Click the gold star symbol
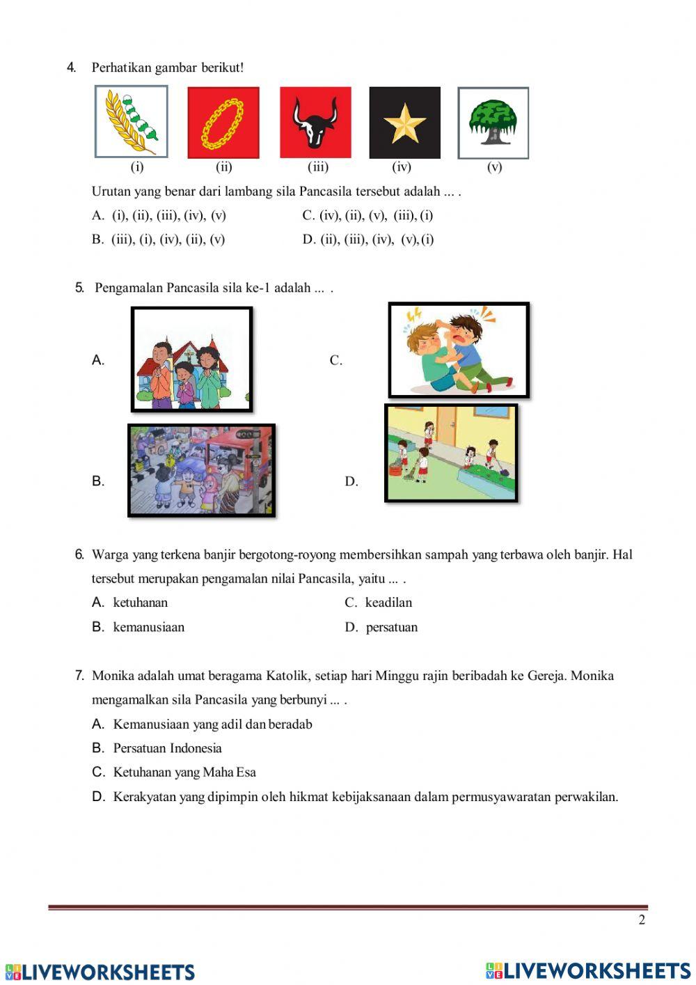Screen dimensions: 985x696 point(404,123)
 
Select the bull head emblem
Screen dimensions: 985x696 point(315,123)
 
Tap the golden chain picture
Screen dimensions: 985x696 point(223,123)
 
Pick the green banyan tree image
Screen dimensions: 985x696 point(493,123)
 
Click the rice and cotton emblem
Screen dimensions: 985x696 point(132,122)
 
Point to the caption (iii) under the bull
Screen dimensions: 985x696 point(318,167)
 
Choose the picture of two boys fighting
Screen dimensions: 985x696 point(459,350)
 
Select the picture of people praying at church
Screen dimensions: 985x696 point(191,359)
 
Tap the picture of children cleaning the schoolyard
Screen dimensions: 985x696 point(451,453)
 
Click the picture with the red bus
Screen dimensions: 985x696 point(201,470)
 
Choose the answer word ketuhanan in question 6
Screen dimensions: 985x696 point(140,603)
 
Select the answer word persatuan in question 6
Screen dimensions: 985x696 point(392,627)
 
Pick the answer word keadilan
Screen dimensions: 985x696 point(388,603)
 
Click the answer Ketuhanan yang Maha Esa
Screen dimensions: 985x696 point(184,772)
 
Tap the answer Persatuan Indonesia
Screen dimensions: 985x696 point(167,748)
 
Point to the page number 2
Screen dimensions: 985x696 point(642,920)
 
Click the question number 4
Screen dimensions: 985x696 point(71,68)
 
